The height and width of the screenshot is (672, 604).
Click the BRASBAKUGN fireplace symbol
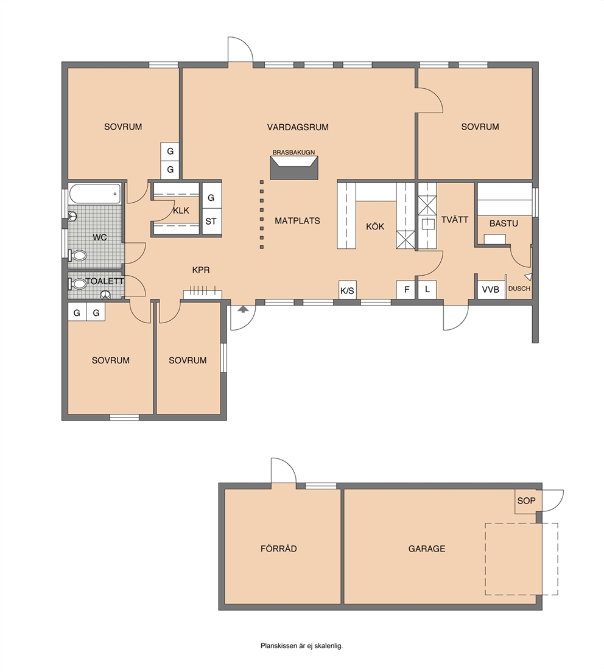[x=294, y=167]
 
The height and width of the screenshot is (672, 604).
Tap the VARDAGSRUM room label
[x=298, y=127]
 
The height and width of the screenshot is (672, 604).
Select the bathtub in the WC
[x=95, y=194]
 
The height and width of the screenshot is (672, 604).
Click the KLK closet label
[x=181, y=211]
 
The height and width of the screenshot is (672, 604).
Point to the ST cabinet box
[x=211, y=222]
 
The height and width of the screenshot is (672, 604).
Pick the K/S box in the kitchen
[x=347, y=290]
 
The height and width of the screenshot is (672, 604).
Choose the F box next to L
[x=406, y=290]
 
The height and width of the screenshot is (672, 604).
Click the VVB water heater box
[x=491, y=290]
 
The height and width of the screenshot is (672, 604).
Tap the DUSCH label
[x=519, y=289]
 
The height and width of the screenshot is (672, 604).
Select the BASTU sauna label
[x=504, y=224]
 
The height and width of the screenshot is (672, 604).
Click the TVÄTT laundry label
[x=455, y=220]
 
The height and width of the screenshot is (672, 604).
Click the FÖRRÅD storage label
[x=279, y=548]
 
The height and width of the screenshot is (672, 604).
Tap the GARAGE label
[x=427, y=548]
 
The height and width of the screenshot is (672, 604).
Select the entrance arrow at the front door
[x=242, y=309]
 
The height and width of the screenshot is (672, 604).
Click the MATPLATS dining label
[x=298, y=221]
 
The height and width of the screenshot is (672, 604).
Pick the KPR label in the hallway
[x=201, y=270]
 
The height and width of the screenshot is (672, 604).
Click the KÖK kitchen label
[x=375, y=226]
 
